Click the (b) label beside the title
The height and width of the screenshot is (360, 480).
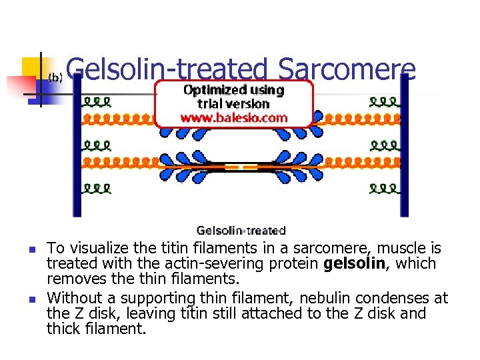tap(56, 78)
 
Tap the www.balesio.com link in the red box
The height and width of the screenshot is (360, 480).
tap(234, 118)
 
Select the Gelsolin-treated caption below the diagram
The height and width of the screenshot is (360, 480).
tap(241, 231)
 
